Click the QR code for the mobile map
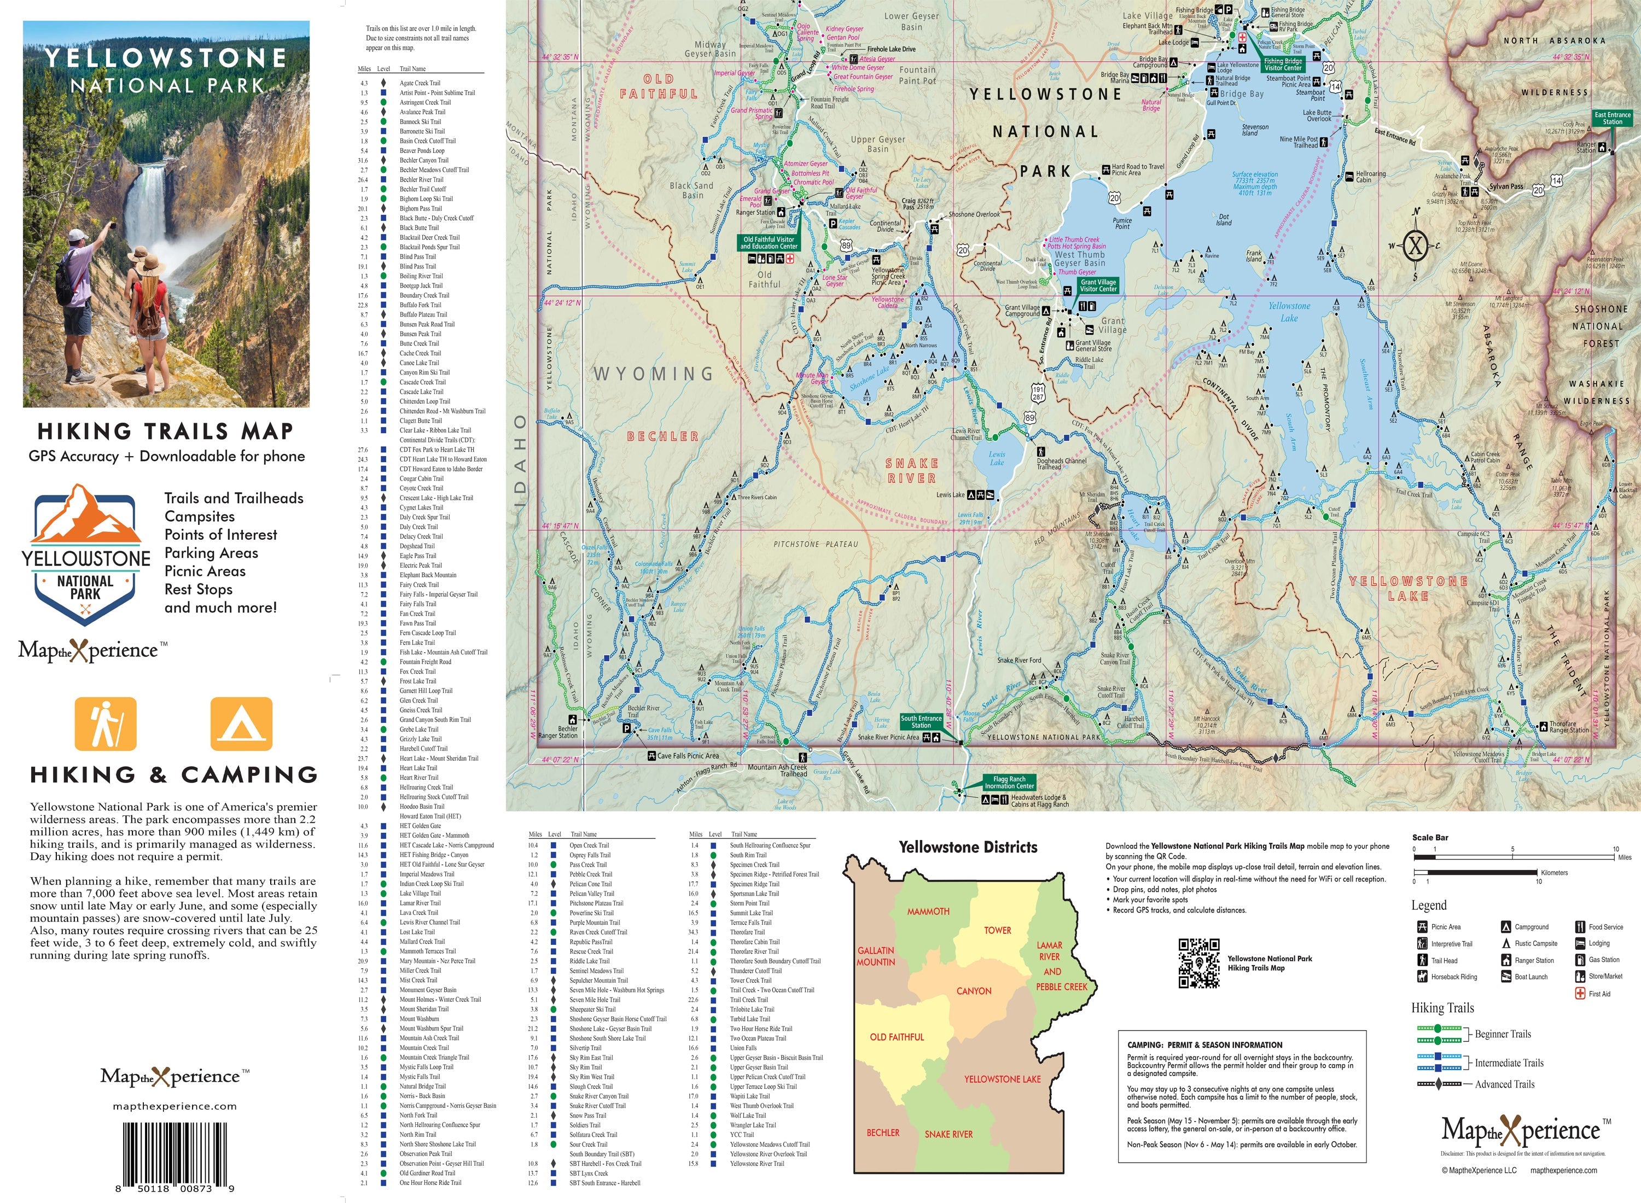(1199, 963)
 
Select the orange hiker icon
(106, 724)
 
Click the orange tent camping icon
(241, 724)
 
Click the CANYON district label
(974, 991)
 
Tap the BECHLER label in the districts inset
(883, 1132)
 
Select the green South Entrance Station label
(921, 722)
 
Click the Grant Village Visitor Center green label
(1098, 285)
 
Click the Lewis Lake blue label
(997, 458)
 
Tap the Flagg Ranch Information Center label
(1009, 782)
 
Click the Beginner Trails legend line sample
(1439, 1034)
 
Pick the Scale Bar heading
(1430, 837)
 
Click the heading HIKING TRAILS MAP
(165, 431)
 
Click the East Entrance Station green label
(1612, 118)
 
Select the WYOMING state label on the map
(653, 373)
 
